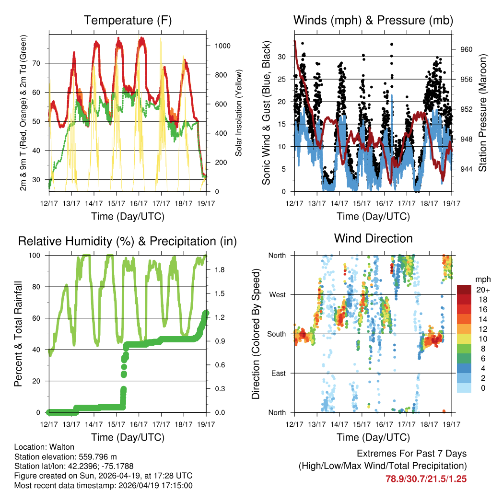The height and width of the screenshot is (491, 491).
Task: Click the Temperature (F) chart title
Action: (x=128, y=20)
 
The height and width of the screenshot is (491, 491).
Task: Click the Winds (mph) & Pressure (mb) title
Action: (x=373, y=20)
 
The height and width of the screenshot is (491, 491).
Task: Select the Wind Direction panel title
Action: (x=373, y=238)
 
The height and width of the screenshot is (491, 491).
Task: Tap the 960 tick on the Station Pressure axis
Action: (x=467, y=49)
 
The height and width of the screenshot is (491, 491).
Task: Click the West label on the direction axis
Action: (x=277, y=295)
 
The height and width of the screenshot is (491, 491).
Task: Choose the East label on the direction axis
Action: (x=278, y=373)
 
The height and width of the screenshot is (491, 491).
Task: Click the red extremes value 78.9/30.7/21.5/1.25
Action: (x=426, y=479)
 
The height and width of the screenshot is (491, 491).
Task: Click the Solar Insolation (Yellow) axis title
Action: (x=238, y=113)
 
